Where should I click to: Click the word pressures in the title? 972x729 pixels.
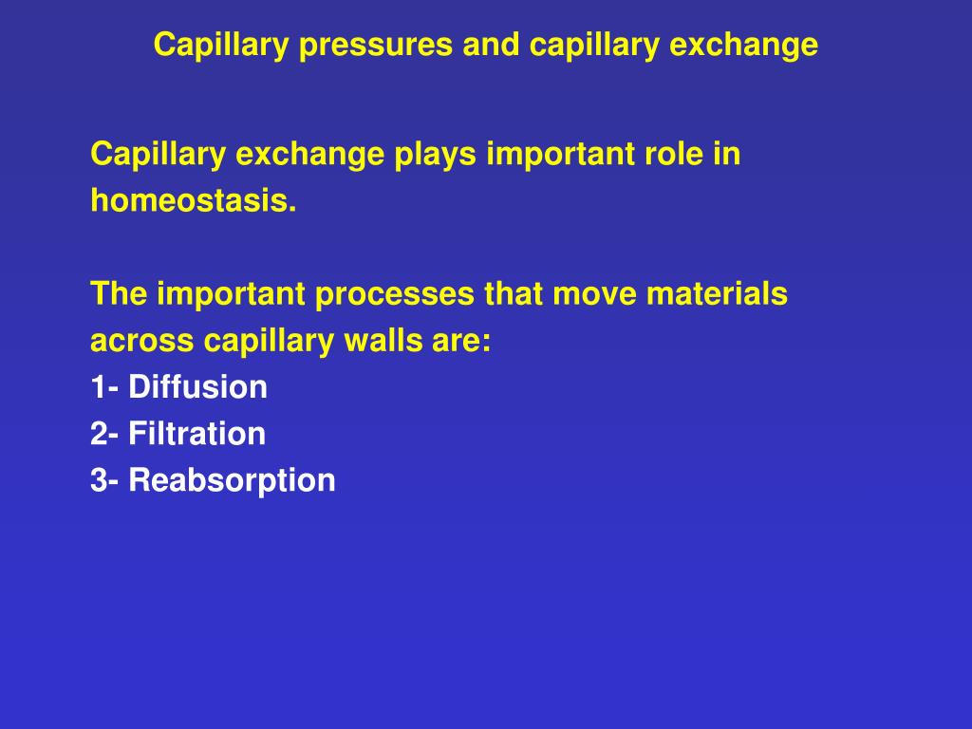[376, 46]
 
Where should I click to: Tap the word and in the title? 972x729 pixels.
[491, 45]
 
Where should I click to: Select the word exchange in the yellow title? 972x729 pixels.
[744, 46]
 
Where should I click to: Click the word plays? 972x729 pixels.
[435, 155]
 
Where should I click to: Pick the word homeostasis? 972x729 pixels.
[194, 200]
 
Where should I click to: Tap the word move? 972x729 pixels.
[594, 294]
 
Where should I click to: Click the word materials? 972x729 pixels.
[718, 293]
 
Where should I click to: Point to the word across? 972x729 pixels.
[142, 341]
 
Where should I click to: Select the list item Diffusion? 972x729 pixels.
[197, 387]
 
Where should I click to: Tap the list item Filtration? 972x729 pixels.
[197, 433]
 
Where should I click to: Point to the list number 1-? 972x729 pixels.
[104, 387]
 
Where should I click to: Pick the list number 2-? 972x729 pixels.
[104, 433]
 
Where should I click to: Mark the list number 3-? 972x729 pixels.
[104, 480]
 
